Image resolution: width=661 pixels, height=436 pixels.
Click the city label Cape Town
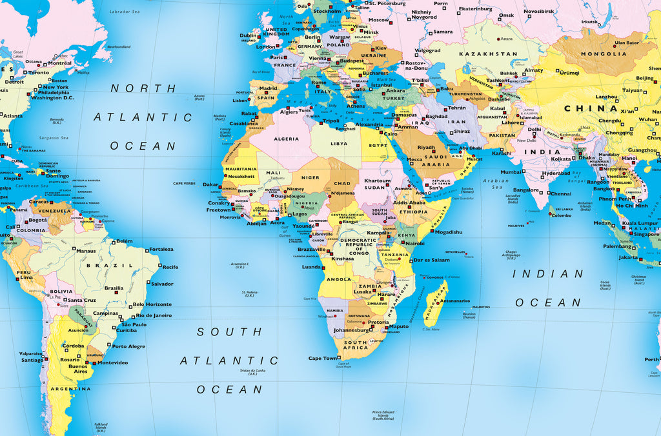(x=323, y=358)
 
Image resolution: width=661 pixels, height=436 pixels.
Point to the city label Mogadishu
(x=446, y=232)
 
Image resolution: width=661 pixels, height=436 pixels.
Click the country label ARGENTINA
(x=71, y=389)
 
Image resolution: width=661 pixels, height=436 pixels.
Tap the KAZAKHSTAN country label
(x=488, y=54)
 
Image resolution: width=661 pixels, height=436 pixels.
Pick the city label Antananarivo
(x=456, y=301)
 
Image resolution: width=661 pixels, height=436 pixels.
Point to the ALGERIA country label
(x=287, y=139)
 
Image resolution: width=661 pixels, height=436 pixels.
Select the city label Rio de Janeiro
(x=154, y=315)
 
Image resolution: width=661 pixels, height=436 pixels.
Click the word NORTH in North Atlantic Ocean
(x=134, y=88)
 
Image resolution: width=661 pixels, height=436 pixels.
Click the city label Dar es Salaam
(x=431, y=260)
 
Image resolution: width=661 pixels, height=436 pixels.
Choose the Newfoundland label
(x=119, y=47)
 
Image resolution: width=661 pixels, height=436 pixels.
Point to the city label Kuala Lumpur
(x=638, y=223)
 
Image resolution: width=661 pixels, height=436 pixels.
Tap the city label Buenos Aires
(x=77, y=369)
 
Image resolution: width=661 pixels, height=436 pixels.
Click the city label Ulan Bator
(x=626, y=43)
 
